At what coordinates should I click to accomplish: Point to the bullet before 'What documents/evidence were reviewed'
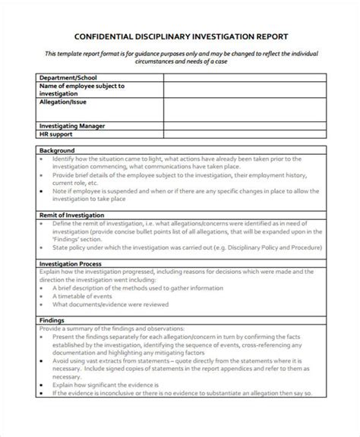coord(43,305)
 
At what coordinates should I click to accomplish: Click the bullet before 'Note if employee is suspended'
coord(43,193)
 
